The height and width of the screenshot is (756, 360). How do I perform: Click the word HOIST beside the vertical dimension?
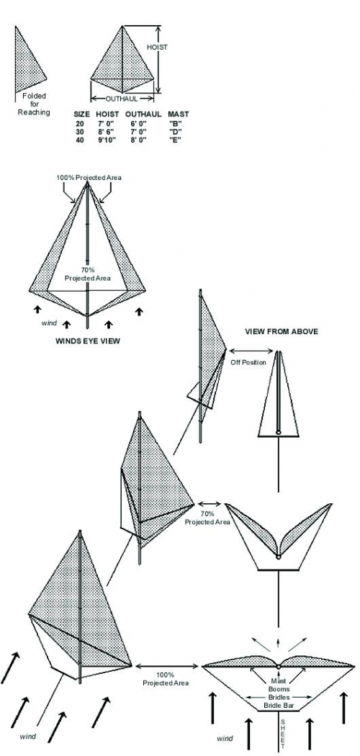pos(156,48)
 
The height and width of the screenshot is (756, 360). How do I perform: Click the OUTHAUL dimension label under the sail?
pos(122,99)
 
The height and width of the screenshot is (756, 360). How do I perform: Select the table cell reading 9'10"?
pos(104,140)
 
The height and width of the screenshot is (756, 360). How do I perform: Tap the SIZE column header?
pos(81,114)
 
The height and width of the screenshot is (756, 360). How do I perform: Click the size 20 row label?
pos(79,123)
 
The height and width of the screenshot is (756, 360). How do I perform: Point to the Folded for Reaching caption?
pos(35,104)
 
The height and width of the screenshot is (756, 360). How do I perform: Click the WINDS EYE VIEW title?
pos(88,341)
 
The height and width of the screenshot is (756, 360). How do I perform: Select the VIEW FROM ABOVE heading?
pos(282,332)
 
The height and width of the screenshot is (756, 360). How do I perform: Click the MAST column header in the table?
pos(179,114)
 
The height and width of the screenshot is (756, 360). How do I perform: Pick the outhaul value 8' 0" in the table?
pos(136,140)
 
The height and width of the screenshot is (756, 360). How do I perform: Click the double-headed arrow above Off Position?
pos(251,351)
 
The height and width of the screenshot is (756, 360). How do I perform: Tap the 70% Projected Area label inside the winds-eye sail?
pos(87,275)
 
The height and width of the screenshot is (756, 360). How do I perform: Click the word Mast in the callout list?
pos(279,682)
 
